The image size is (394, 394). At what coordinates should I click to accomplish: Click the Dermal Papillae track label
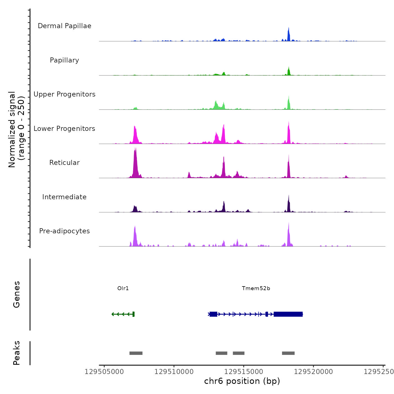[64, 26]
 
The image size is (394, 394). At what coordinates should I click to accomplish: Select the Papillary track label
[64, 60]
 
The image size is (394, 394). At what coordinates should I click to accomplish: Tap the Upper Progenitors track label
[64, 94]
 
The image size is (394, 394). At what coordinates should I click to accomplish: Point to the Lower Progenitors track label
[64, 129]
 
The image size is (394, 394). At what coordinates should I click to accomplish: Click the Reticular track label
[64, 163]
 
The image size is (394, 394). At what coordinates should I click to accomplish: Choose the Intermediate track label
[64, 197]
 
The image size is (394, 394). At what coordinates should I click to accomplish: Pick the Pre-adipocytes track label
[64, 231]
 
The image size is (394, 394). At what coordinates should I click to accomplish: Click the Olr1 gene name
[123, 288]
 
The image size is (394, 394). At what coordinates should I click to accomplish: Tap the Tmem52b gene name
[256, 288]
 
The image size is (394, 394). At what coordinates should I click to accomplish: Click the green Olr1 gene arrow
[123, 314]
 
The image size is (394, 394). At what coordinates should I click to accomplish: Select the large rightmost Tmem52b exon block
[288, 314]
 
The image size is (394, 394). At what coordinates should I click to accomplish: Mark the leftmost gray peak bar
[136, 353]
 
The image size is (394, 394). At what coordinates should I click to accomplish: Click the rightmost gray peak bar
[288, 353]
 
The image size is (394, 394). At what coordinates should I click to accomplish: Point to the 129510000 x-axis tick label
[174, 372]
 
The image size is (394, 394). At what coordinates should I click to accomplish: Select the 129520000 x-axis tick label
[314, 372]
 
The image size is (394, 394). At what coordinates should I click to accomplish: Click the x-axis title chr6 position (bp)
[242, 381]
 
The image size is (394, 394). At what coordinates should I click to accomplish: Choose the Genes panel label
[17, 294]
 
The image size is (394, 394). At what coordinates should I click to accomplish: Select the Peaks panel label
[17, 353]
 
